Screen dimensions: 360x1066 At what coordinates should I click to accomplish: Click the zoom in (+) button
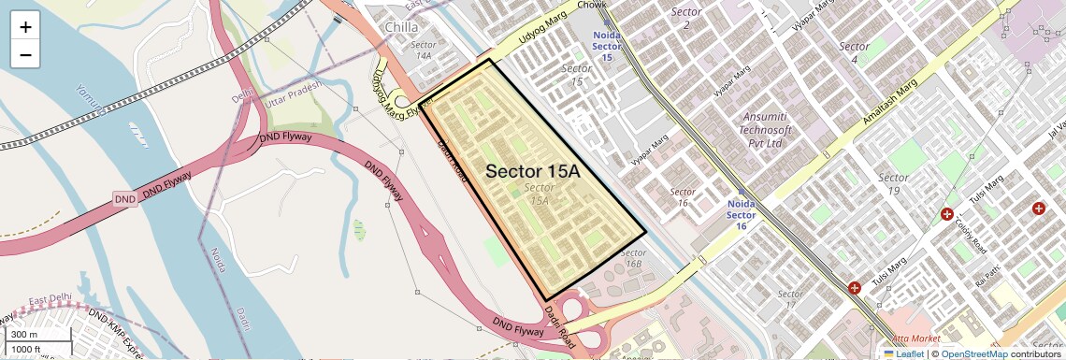tap(25, 27)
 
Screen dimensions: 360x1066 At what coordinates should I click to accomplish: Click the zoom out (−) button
tap(25, 54)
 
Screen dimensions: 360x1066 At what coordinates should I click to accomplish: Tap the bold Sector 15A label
tap(533, 172)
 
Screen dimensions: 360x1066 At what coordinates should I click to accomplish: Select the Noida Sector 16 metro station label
tap(741, 214)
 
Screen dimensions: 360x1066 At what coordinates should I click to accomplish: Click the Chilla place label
tap(401, 27)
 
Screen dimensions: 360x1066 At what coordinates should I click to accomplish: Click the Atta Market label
tap(913, 338)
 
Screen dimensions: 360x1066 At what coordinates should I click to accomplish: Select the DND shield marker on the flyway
tap(125, 199)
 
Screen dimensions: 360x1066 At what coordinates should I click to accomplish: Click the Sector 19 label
tap(893, 184)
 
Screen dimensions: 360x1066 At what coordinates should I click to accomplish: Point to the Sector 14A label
tap(424, 50)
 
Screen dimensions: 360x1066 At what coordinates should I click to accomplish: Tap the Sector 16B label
tap(633, 258)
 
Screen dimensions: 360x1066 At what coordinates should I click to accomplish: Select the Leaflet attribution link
tap(903, 353)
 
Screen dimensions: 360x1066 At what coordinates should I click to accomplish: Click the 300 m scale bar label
tap(24, 334)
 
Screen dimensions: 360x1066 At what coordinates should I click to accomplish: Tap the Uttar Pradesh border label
tap(293, 93)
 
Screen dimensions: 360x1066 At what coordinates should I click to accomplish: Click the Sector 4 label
tap(854, 52)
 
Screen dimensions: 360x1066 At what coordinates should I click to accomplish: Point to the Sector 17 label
tap(789, 300)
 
